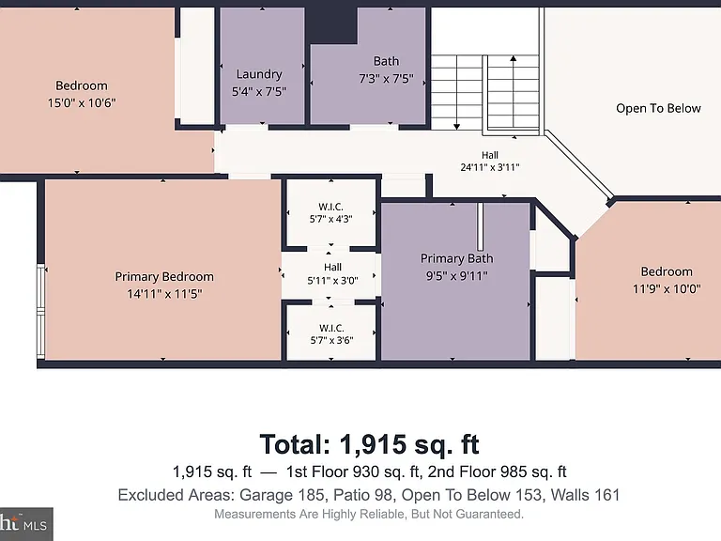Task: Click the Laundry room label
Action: tap(259, 74)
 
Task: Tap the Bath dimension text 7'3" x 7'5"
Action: tap(386, 79)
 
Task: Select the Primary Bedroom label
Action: tap(164, 276)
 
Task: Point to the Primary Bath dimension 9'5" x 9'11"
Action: tap(456, 275)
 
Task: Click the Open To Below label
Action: tap(658, 108)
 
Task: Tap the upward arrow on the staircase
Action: tap(514, 91)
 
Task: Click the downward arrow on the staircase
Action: tap(456, 92)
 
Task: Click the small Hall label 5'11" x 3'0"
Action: tap(332, 273)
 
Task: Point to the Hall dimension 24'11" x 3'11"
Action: tap(490, 167)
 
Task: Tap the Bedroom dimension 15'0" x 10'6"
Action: tap(82, 102)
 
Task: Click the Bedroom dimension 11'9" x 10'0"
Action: tap(667, 289)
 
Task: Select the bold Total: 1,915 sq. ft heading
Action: tap(369, 444)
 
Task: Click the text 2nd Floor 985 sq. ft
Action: tap(497, 471)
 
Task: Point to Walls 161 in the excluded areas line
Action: tap(585, 495)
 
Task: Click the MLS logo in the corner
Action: tap(25, 524)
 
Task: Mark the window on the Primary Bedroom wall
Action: tap(41, 312)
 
